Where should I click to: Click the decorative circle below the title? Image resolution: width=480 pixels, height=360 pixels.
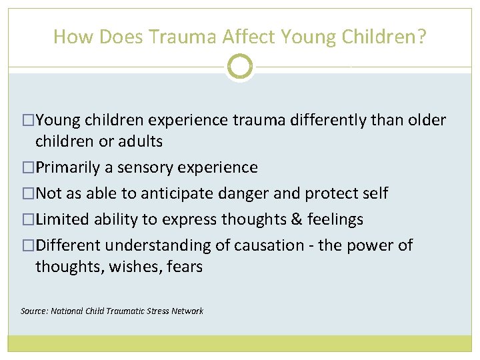coord(240,67)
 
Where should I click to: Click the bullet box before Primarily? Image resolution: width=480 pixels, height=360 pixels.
coord(28,167)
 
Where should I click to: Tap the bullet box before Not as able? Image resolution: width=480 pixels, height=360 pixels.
coord(28,193)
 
